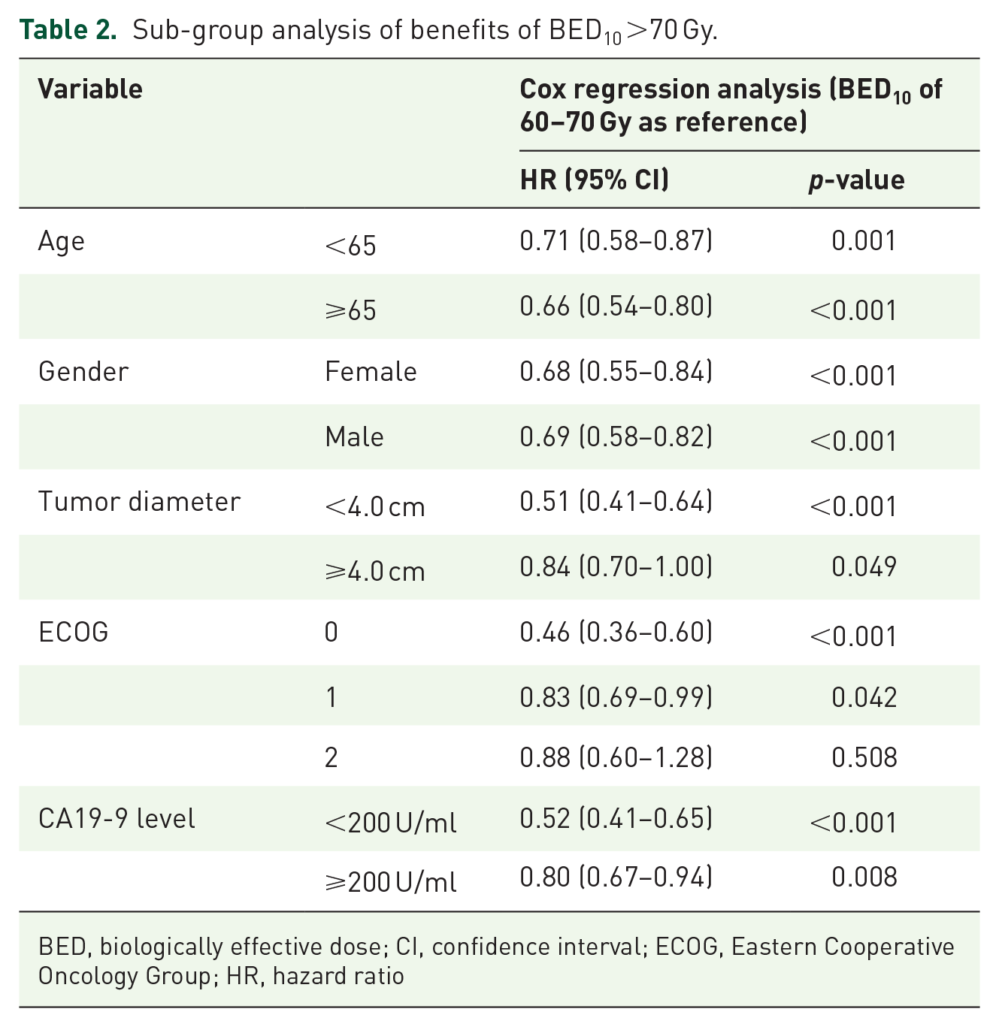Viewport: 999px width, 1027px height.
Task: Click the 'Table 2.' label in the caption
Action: click(68, 29)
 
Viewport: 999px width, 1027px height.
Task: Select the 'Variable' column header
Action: click(90, 89)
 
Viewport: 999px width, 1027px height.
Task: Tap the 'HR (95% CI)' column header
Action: click(594, 180)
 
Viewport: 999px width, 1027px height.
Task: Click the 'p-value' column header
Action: click(856, 181)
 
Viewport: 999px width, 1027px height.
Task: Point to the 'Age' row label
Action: click(61, 242)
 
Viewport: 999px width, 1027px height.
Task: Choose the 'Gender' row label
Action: click(83, 372)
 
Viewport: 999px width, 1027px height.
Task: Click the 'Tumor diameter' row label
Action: click(139, 501)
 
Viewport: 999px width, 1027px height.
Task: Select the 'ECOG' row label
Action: click(74, 632)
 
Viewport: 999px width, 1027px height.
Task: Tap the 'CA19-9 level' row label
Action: click(117, 819)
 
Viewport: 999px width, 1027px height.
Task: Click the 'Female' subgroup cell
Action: click(371, 372)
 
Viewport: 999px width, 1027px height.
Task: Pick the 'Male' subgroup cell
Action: click(354, 437)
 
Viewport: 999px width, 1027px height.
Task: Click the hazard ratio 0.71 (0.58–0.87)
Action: click(616, 240)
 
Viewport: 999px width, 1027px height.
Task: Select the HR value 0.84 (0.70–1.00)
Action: click(616, 566)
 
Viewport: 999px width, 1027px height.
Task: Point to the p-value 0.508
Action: click(864, 758)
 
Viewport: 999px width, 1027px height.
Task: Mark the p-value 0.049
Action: click(864, 566)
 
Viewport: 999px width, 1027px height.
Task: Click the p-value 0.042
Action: click(864, 697)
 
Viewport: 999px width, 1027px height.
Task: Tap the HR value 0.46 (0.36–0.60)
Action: click(616, 633)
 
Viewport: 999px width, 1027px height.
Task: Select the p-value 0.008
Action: click(864, 877)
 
